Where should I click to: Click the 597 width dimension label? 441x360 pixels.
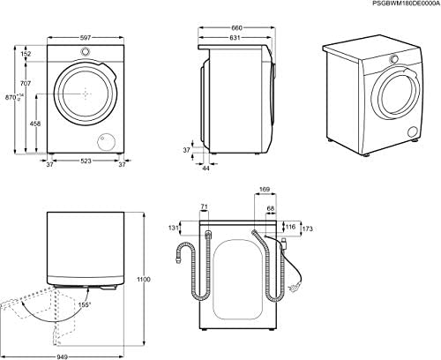[x=86, y=38]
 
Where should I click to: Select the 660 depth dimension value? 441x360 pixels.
[x=236, y=28]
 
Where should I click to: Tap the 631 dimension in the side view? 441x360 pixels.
[x=235, y=38]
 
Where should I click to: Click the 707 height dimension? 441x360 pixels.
[x=26, y=84]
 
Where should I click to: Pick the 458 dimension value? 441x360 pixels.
[x=35, y=124]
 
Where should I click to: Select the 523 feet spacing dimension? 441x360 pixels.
[x=86, y=161]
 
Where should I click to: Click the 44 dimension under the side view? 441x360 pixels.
[x=206, y=169]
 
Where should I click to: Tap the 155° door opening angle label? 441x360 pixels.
[x=85, y=305]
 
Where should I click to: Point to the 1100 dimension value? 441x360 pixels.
[x=144, y=280]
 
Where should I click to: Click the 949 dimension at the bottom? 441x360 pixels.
[x=62, y=356]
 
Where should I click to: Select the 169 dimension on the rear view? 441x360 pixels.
[x=265, y=190]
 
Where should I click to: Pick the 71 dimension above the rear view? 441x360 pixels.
[x=204, y=207]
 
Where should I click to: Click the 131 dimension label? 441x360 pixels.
[x=174, y=228]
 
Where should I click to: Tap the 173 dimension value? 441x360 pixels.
[x=308, y=229]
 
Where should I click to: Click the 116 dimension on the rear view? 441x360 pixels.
[x=290, y=227]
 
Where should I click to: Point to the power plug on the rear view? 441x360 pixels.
[x=295, y=288]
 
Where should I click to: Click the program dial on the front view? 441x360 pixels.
[x=85, y=51]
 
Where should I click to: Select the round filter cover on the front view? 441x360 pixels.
[x=107, y=140]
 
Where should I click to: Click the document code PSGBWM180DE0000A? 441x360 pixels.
[x=407, y=4]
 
